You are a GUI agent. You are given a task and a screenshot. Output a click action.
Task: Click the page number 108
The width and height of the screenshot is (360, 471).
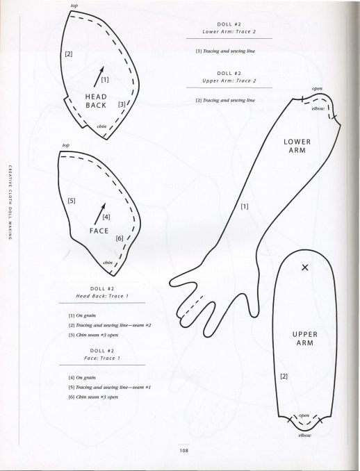click(x=184, y=451)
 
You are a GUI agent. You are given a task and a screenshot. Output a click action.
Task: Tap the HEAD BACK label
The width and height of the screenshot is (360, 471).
click(x=96, y=101)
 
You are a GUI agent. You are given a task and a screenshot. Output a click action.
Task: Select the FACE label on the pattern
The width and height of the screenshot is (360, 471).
click(x=99, y=231)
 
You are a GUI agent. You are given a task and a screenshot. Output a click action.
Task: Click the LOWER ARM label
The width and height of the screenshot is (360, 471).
click(x=297, y=146)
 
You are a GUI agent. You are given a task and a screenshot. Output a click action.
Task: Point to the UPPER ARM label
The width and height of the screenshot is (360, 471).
click(x=305, y=338)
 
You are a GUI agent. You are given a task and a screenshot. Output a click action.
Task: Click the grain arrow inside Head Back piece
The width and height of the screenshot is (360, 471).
click(x=99, y=76)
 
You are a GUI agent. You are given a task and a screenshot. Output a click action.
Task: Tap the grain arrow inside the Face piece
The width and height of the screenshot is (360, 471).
click(x=100, y=213)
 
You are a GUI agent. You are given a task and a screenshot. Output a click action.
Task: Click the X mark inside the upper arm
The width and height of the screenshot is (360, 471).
click(x=304, y=267)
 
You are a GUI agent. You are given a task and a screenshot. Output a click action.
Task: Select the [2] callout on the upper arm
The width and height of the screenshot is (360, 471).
click(x=284, y=376)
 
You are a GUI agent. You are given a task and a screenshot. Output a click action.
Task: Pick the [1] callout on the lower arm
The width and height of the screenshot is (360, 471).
click(x=245, y=206)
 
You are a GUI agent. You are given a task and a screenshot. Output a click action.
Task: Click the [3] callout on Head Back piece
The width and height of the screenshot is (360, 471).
click(x=122, y=104)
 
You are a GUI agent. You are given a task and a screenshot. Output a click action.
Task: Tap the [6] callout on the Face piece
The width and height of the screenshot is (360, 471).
click(x=120, y=238)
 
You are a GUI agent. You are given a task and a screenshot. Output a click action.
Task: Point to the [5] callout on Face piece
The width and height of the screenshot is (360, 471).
click(x=72, y=200)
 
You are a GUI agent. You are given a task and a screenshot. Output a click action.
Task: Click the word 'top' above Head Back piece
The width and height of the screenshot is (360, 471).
click(x=74, y=6)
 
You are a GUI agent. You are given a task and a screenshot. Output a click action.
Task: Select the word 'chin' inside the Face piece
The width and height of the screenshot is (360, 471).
click(x=108, y=262)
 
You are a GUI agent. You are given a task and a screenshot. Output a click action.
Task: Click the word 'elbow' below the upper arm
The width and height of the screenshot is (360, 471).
click(x=304, y=436)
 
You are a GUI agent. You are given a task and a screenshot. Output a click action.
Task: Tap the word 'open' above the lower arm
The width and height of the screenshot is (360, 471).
click(x=317, y=89)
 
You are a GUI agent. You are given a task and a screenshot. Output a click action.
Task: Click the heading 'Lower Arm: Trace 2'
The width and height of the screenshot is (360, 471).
click(x=229, y=31)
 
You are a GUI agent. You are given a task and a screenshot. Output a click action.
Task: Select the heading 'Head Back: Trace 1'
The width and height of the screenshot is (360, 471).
click(x=102, y=296)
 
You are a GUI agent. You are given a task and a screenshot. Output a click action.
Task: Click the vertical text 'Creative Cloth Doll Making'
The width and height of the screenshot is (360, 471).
click(x=10, y=202)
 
